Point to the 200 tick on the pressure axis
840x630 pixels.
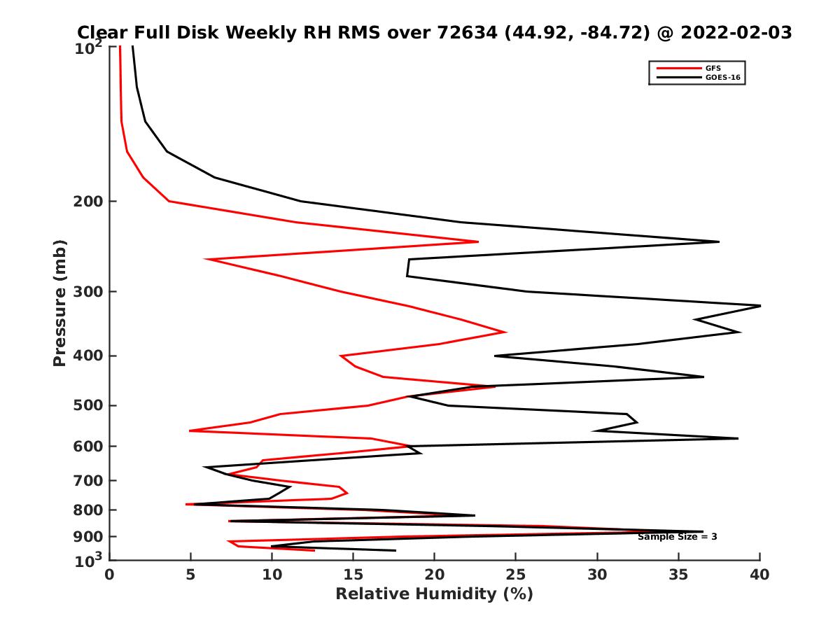point(90,202)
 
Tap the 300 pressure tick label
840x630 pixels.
point(90,291)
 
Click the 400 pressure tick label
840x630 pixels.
point(90,356)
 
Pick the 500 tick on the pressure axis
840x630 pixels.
point(90,405)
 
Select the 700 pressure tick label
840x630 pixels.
point(90,480)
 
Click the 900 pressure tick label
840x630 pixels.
point(90,536)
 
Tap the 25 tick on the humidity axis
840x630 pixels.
point(516,575)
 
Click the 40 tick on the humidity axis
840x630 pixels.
point(759,575)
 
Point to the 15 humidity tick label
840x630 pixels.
point(353,575)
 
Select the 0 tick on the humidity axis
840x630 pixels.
point(109,575)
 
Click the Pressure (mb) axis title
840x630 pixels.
point(59,302)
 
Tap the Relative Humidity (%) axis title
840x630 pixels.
point(434,594)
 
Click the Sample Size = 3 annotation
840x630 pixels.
point(677,537)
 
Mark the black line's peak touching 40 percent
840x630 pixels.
point(759,306)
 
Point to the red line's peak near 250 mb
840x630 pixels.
point(478,242)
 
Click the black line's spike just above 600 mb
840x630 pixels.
point(738,438)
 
